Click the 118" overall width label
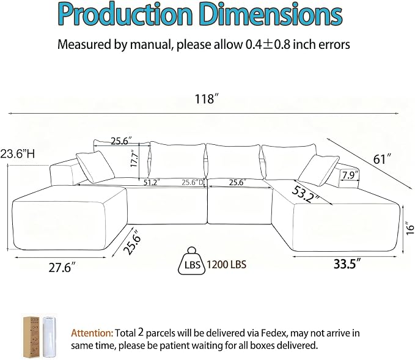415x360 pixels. coord(208,99)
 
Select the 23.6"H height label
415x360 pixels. coord(18,153)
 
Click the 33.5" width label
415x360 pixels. coord(347,264)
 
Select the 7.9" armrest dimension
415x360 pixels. coord(350,175)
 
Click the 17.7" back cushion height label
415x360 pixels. coord(134,158)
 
